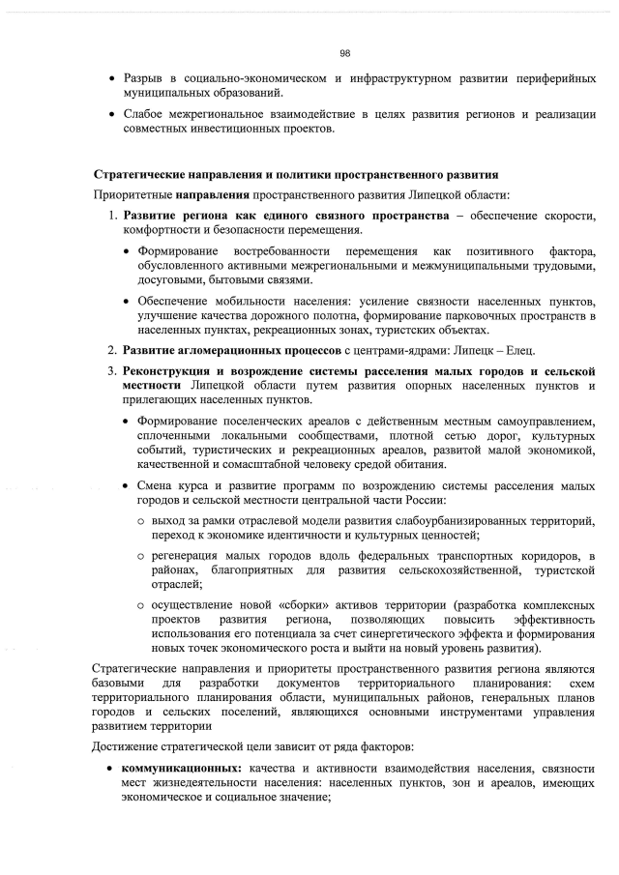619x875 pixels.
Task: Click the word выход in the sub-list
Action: (x=167, y=522)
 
